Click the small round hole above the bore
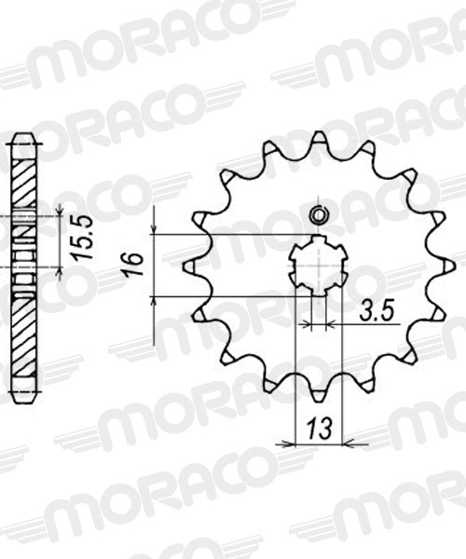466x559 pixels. click(x=317, y=213)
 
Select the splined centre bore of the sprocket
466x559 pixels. click(x=318, y=266)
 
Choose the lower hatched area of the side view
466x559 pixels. click(x=25, y=335)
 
